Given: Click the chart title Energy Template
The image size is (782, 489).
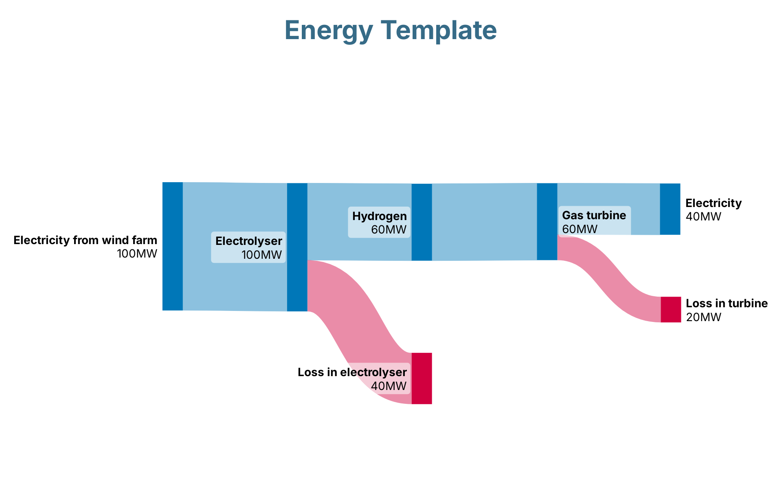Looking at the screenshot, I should click(x=390, y=31).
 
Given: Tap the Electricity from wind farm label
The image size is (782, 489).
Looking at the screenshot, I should click(x=85, y=240).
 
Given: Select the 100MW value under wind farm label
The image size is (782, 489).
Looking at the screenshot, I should click(x=137, y=254).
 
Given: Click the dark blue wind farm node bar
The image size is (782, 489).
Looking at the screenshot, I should click(x=173, y=246).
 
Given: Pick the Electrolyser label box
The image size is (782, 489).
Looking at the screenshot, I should click(x=248, y=247).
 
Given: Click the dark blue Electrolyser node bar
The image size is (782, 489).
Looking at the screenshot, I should click(x=297, y=247).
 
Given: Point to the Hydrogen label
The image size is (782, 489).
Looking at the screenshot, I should click(x=379, y=216).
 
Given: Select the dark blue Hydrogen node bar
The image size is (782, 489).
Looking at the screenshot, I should click(x=422, y=222).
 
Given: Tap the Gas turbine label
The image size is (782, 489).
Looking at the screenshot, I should click(x=594, y=216).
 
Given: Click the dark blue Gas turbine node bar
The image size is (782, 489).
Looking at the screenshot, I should click(x=547, y=222).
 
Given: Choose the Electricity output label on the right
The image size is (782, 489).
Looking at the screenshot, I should click(x=713, y=203).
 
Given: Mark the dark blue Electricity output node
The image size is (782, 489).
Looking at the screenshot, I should click(x=670, y=209).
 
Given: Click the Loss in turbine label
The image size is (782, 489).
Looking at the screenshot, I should click(x=727, y=304).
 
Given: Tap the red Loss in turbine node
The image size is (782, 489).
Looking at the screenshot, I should click(x=671, y=310).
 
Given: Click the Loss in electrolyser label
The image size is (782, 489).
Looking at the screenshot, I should click(x=352, y=372).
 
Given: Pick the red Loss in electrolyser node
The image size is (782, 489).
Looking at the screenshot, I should click(x=422, y=379).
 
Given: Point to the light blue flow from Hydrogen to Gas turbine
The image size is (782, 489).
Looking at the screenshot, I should click(x=484, y=222).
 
